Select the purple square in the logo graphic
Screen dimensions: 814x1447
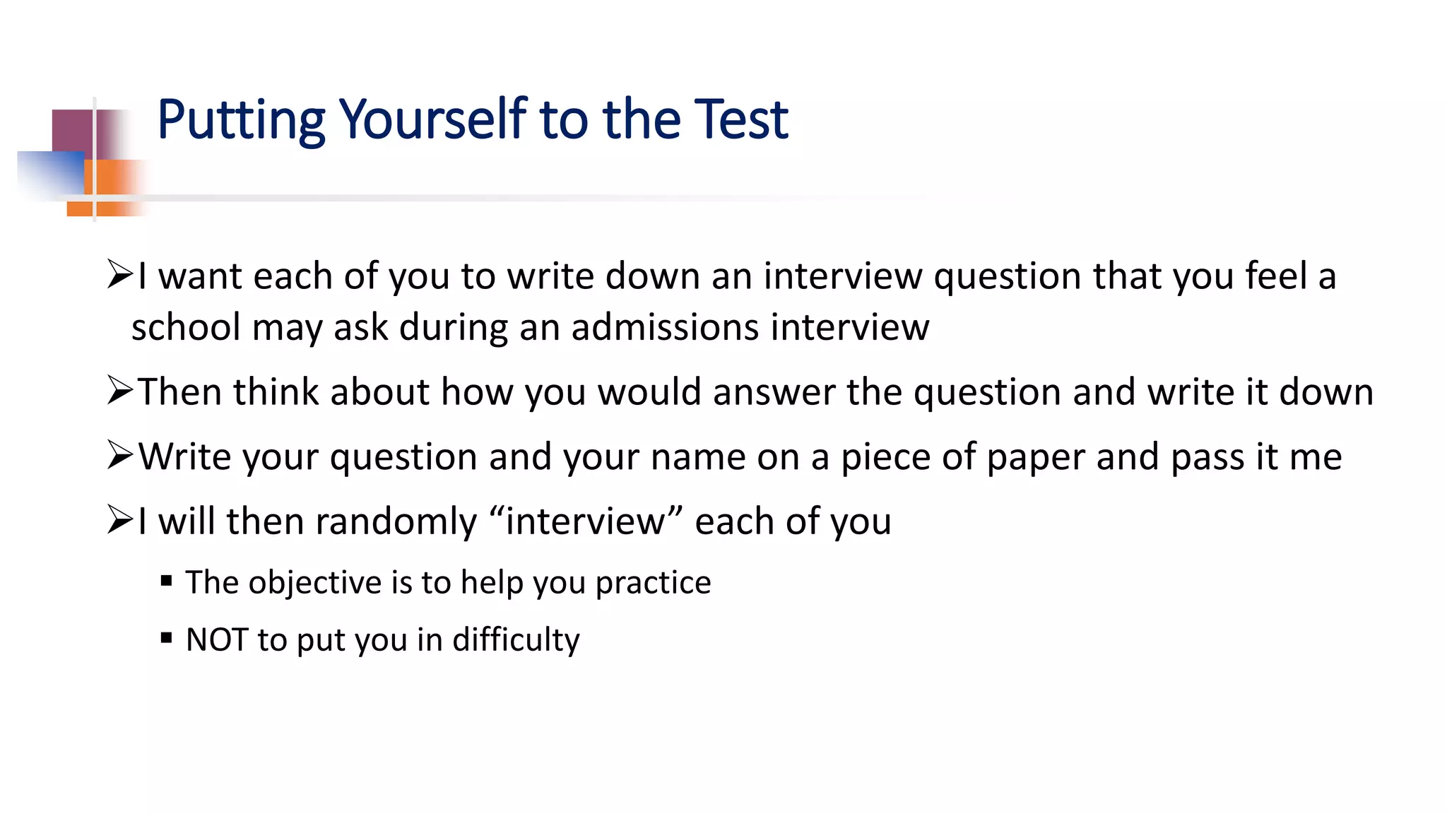pos(73,131)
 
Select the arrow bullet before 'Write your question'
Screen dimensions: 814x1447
pos(120,456)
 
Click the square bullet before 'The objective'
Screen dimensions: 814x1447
pos(167,582)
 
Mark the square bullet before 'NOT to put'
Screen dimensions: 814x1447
pos(167,639)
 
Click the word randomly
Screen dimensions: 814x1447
pos(396,522)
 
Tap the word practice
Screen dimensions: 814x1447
pos(653,583)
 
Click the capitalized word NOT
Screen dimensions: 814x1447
pos(216,639)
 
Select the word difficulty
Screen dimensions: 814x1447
pos(516,640)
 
